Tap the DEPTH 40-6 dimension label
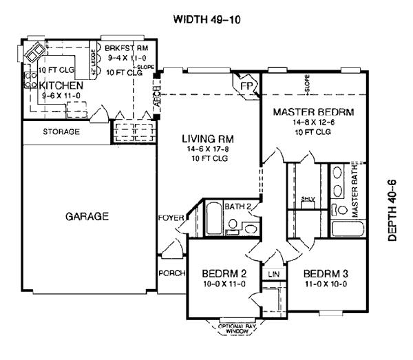(393, 207)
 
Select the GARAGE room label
(87, 216)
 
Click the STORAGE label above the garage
(61, 131)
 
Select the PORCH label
(171, 273)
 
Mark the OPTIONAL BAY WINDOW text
(237, 328)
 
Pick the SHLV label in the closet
(308, 199)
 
